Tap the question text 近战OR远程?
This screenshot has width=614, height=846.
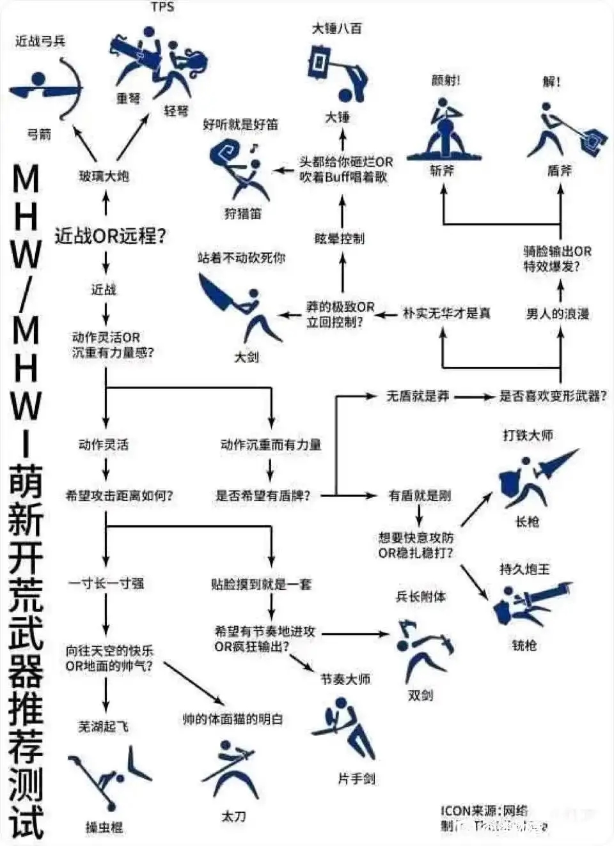(110, 236)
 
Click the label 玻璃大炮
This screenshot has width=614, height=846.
(104, 176)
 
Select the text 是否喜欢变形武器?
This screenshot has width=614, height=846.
(553, 396)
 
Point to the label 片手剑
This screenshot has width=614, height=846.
(356, 778)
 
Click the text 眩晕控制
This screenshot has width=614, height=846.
(339, 238)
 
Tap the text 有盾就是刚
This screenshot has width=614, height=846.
(420, 495)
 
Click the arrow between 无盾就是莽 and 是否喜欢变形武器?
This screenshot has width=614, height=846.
(474, 396)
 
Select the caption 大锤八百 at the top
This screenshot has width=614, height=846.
(336, 28)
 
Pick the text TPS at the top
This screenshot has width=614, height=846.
(162, 7)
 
